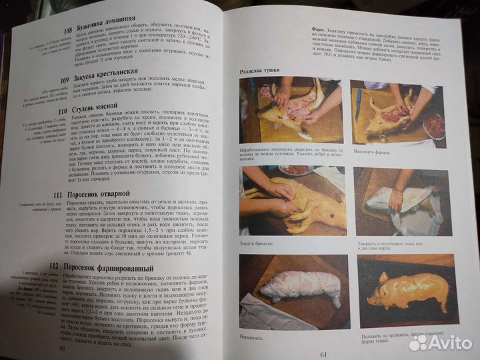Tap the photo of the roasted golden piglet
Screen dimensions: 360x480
407,287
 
